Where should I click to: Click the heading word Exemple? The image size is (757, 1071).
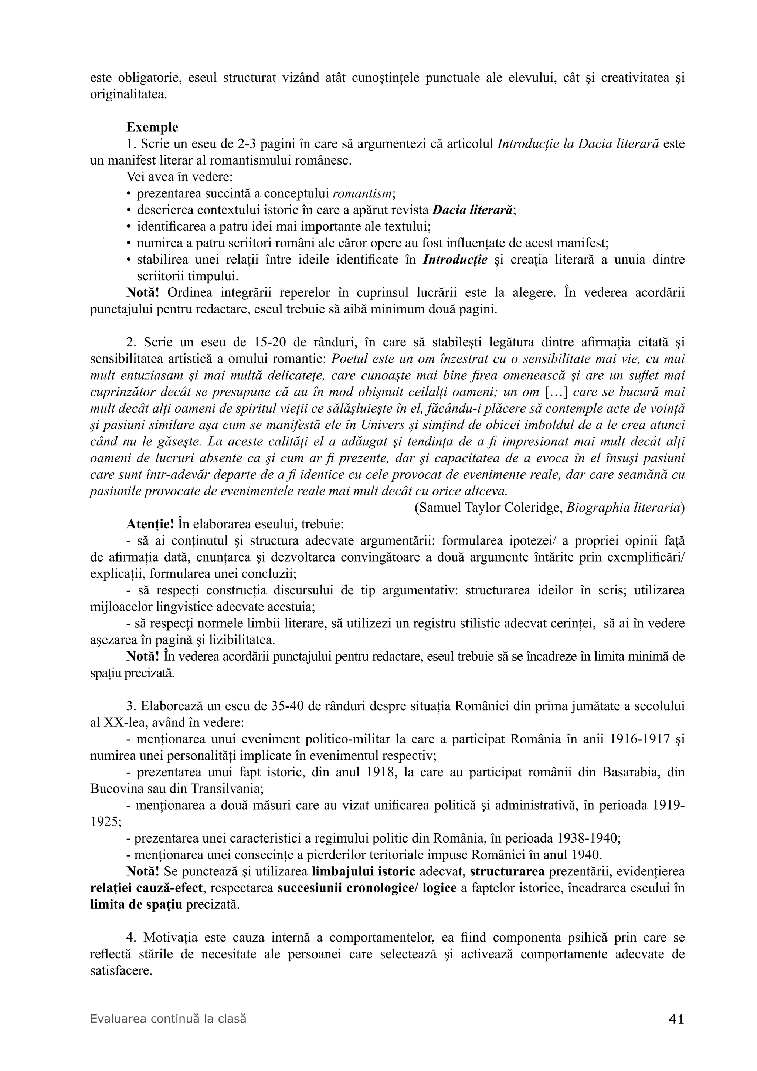click(x=152, y=127)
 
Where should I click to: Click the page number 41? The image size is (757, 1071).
click(x=676, y=1020)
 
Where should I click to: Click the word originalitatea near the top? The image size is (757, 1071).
click(x=128, y=94)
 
